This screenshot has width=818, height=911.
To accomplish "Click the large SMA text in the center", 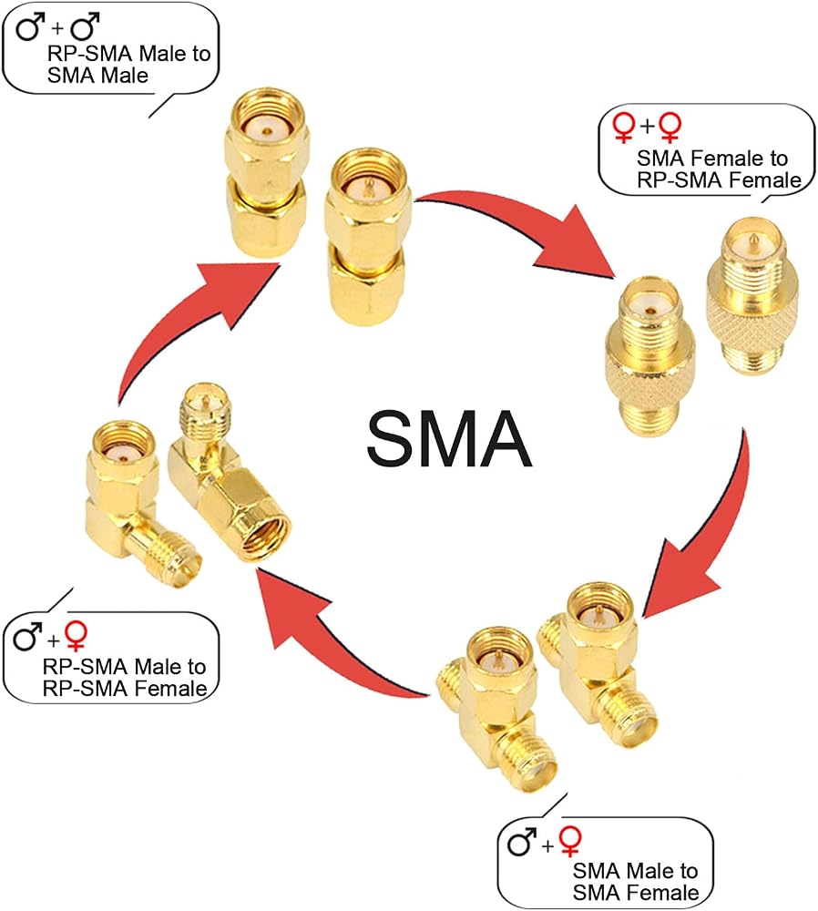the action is coord(449,438).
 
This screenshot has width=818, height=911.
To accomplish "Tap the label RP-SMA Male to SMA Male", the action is coord(128,65).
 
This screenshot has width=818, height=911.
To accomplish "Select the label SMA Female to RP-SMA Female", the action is coord(719,169).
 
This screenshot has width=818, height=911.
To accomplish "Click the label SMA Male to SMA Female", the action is coord(636,881).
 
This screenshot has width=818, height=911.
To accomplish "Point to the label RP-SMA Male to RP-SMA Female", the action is coord(124,678).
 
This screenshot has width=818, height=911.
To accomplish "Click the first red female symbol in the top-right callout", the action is coord(623,128).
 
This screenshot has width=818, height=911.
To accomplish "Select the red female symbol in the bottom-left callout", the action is coord(77,636).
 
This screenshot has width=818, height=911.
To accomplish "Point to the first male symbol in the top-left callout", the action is coord(31,27).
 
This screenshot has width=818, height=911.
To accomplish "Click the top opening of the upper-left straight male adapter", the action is coord(267,121).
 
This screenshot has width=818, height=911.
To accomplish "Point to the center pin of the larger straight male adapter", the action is coord(368,186).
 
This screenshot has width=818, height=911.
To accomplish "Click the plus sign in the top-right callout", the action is coord(647,125).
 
